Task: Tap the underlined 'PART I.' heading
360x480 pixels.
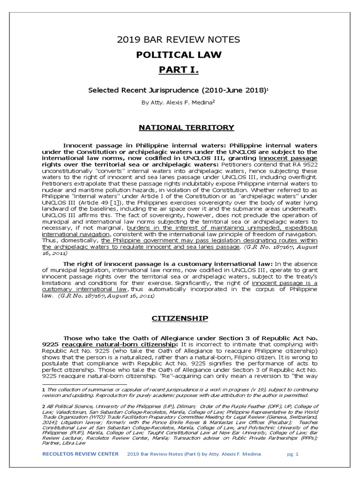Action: pos(178,70)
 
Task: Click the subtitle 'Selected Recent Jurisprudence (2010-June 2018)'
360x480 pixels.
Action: pos(178,90)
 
